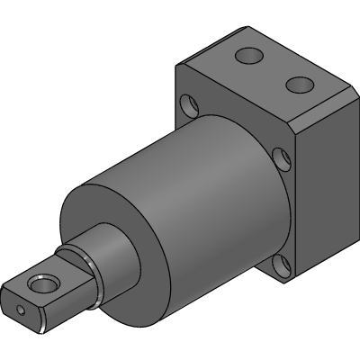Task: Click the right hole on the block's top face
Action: tap(297, 85)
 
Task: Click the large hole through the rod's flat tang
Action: tap(41, 284)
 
